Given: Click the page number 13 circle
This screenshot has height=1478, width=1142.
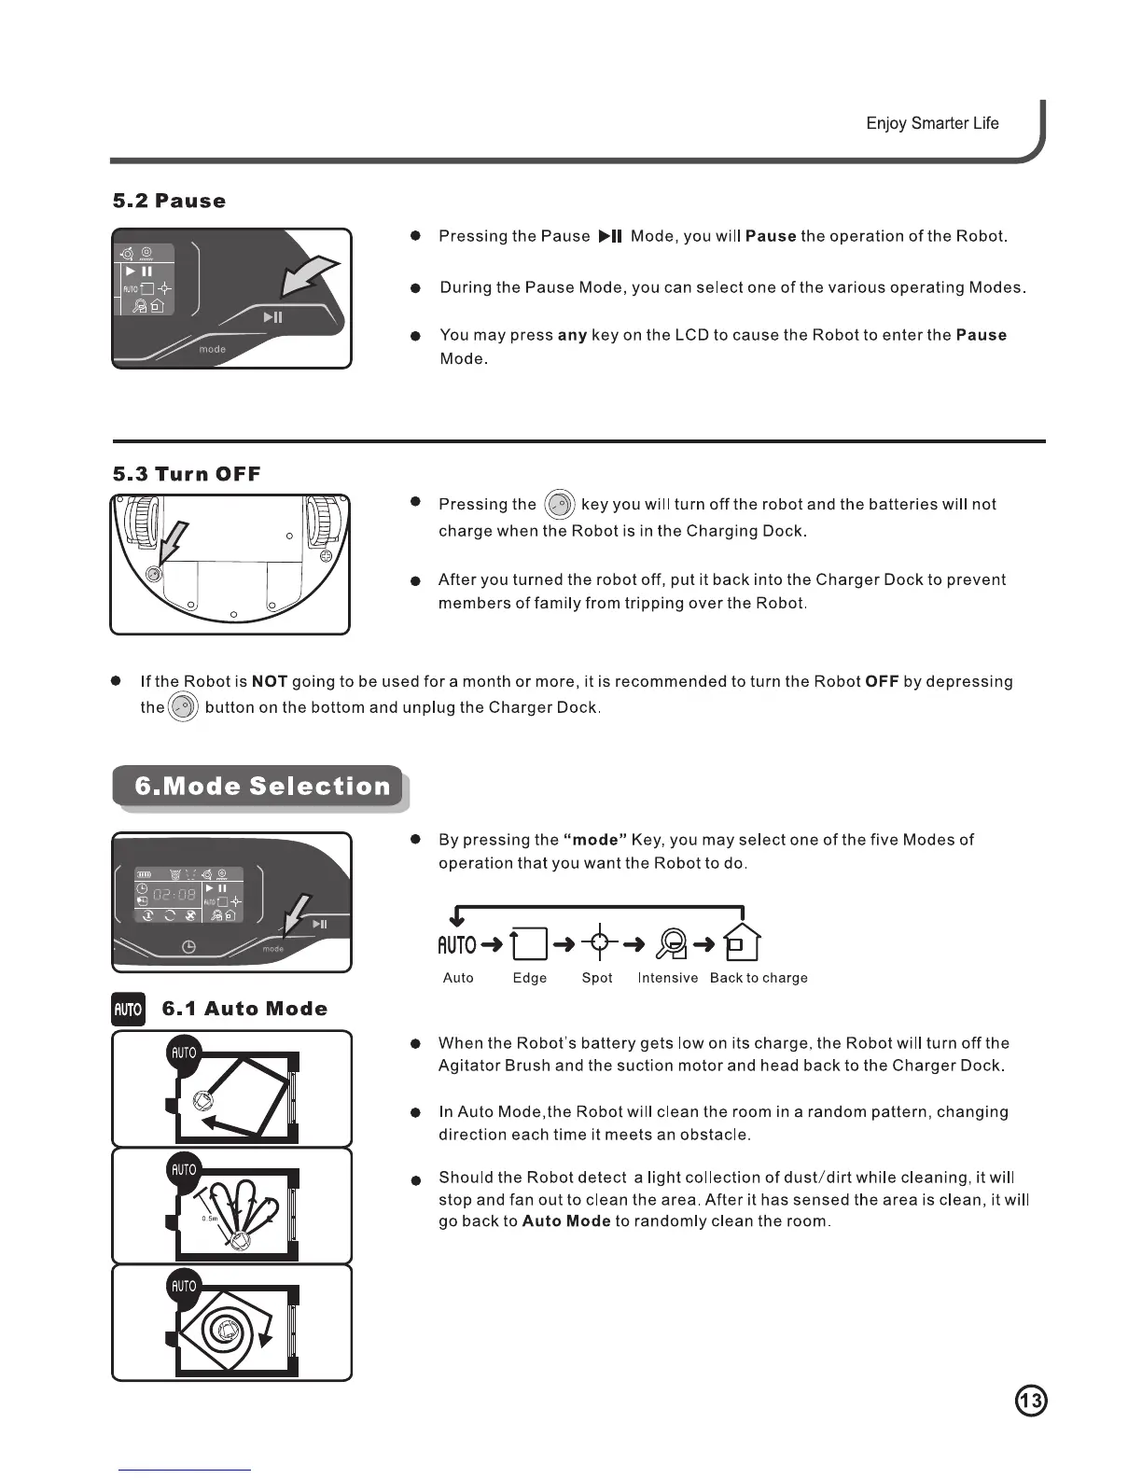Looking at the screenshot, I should (x=1030, y=1401).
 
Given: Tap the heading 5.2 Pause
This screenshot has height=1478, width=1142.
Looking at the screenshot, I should (x=169, y=201).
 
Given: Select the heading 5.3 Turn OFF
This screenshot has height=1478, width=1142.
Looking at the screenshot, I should (x=187, y=474).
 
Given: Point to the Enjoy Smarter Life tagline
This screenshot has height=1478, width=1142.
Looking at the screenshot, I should (x=932, y=123).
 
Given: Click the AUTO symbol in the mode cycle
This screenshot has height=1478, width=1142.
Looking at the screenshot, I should (x=457, y=945).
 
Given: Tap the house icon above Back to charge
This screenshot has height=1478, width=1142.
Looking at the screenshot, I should (x=742, y=942).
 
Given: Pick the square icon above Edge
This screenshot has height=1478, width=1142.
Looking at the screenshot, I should (x=530, y=944).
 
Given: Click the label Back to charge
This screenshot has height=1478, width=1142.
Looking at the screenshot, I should (x=759, y=978).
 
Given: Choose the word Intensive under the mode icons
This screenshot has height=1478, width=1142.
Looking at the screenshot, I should (x=668, y=978).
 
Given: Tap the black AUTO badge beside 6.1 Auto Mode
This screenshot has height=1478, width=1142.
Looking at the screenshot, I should (x=128, y=1009).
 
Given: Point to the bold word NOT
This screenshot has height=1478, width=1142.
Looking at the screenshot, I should (x=270, y=681).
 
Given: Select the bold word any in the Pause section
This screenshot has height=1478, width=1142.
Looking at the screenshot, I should (x=572, y=335).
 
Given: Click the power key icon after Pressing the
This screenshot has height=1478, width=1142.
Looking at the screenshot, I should (x=559, y=505).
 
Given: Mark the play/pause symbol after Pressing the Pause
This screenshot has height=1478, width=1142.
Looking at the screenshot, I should (x=610, y=236).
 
